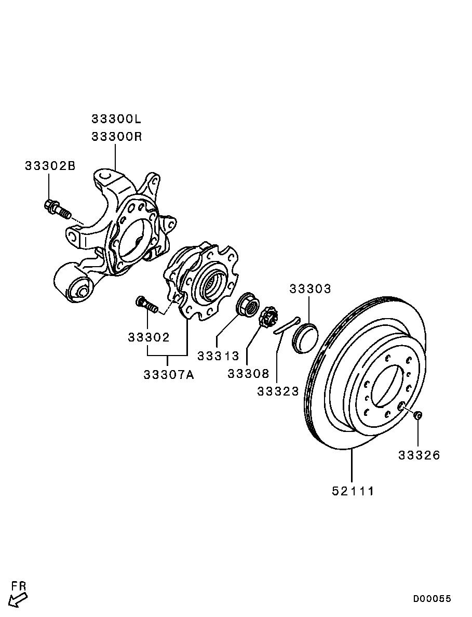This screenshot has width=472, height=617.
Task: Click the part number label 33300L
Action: [x=116, y=119]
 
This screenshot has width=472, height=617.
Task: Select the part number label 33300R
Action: [x=117, y=137]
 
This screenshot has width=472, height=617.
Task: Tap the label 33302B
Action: [x=50, y=166]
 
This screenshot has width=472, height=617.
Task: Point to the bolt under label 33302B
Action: [x=57, y=209]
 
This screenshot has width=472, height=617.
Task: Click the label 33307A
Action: [x=169, y=375]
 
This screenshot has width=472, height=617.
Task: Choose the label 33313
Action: [x=218, y=356]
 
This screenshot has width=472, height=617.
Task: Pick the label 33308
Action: [x=248, y=373]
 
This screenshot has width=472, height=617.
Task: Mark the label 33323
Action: [x=278, y=391]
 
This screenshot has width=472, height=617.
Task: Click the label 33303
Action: [x=310, y=289]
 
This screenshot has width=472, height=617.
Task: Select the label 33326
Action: [x=419, y=455]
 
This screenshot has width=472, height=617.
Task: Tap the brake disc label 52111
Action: [x=353, y=491]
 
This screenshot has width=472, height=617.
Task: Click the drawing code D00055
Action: [x=431, y=598]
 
